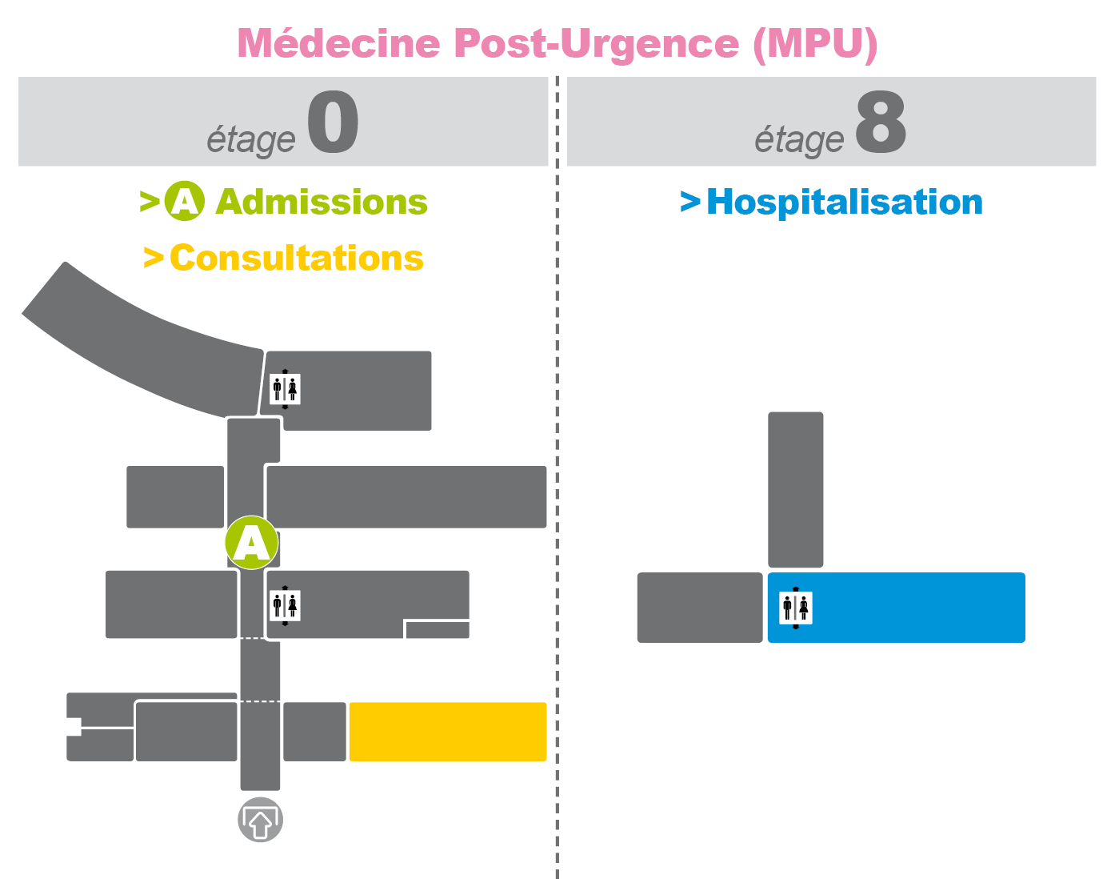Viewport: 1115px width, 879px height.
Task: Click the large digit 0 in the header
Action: pyautogui.click(x=333, y=122)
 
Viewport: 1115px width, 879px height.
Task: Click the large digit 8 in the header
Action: pyautogui.click(x=881, y=122)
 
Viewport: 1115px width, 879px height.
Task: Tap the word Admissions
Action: pyautogui.click(x=322, y=202)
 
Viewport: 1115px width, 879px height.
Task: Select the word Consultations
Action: pyautogui.click(x=297, y=258)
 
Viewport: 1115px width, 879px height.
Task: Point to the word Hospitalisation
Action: pyautogui.click(x=845, y=203)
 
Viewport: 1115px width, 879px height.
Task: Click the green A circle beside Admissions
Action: pyautogui.click(x=185, y=201)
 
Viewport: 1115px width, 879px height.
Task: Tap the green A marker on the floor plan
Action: pyautogui.click(x=252, y=543)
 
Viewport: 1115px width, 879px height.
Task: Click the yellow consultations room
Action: pyautogui.click(x=448, y=731)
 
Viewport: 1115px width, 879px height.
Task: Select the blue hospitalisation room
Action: pyautogui.click(x=897, y=608)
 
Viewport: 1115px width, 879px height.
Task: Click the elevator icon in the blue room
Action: pyautogui.click(x=796, y=608)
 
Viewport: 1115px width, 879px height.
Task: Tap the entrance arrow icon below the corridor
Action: pyautogui.click(x=260, y=820)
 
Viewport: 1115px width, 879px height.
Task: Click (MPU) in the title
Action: pyautogui.click(x=816, y=44)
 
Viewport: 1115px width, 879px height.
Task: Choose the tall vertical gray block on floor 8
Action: pyautogui.click(x=795, y=490)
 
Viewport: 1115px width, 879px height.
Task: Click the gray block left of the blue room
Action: pyautogui.click(x=699, y=608)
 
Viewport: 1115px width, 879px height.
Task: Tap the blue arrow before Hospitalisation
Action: pyautogui.click(x=690, y=202)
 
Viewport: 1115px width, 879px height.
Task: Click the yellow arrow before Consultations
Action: pyautogui.click(x=154, y=258)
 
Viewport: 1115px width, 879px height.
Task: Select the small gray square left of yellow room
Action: pyautogui.click(x=314, y=731)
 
